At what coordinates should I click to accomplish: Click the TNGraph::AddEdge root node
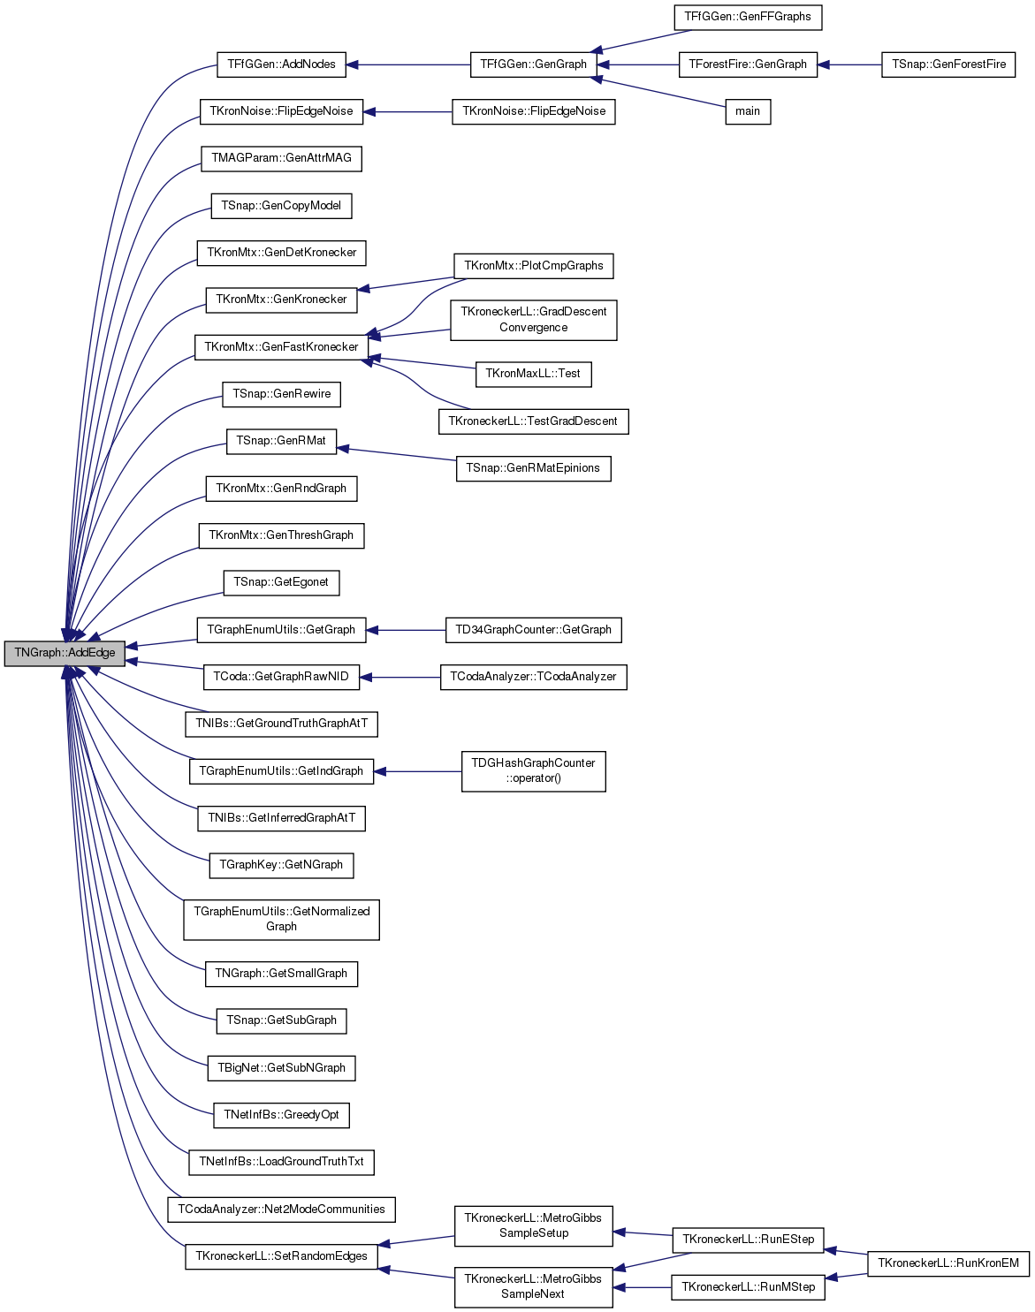65,653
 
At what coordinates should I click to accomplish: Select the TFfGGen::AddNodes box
281,64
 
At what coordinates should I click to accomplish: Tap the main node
748,111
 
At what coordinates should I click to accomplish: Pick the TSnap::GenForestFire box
948,64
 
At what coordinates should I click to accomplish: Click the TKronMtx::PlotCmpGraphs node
534,266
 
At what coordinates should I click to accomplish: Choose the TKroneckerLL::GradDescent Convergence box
534,320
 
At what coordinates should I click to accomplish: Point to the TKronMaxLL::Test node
534,374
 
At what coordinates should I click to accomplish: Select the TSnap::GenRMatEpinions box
534,468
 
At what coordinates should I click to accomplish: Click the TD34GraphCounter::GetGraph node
534,630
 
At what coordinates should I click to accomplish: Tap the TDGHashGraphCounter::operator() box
534,771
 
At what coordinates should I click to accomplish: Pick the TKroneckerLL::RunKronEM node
948,1263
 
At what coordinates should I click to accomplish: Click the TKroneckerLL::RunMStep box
748,1287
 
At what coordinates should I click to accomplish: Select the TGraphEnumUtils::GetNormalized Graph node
281,920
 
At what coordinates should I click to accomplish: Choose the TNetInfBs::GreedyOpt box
281,1115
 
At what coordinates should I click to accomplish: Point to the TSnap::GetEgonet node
281,583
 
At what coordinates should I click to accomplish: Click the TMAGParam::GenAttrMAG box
281,158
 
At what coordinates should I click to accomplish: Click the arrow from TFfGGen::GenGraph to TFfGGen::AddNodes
408,64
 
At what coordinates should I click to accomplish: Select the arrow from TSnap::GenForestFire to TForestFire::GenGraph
849,64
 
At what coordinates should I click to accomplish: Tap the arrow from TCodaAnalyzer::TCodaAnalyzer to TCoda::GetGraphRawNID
400,678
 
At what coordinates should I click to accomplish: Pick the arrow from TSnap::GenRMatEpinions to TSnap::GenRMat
397,455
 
